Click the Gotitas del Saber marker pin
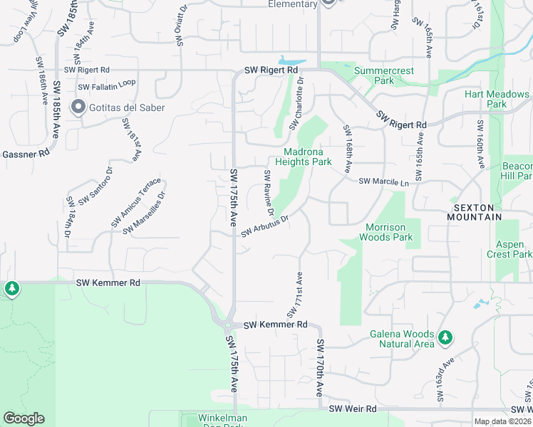pos(78,107)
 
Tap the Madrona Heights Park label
pos(308,157)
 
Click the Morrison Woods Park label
pos(389,232)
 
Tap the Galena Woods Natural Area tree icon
pos(445,337)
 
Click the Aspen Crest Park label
pos(509,249)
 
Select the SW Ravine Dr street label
pos(269,193)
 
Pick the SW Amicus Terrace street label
pos(136,202)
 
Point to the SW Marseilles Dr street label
pos(144,213)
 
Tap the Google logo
pos(24,418)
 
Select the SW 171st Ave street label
pos(295,294)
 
